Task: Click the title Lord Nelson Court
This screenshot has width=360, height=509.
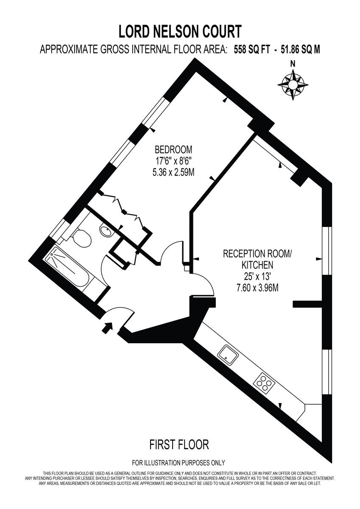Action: tap(180, 31)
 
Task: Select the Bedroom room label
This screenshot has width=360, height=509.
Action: tap(173, 149)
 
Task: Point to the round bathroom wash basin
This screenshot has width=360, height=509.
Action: tap(105, 230)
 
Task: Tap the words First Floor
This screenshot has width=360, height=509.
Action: tap(179, 445)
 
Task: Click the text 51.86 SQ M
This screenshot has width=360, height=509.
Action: tap(299, 50)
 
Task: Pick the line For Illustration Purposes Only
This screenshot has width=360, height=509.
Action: tap(179, 463)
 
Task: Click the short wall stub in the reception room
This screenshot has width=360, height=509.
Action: tap(307, 304)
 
